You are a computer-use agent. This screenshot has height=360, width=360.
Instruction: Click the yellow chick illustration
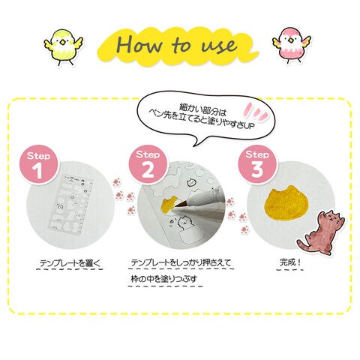64,46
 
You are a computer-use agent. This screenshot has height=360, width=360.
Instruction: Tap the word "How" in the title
139,44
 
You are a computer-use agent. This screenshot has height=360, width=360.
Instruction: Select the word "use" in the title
219,46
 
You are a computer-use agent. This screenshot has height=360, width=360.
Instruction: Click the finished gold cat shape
287,204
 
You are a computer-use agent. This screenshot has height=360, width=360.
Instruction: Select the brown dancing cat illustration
321,232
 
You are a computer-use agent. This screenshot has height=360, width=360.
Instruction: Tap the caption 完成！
290,262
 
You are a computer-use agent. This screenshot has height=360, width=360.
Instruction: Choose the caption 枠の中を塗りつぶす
164,279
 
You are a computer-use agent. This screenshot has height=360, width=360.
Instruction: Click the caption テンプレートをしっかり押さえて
181,262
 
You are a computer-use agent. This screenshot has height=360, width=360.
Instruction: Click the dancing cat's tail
303,244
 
